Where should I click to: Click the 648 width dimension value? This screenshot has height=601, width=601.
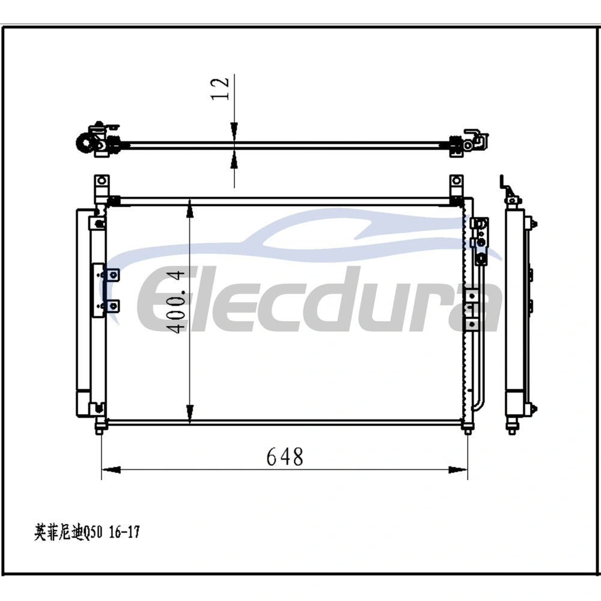click(285, 457)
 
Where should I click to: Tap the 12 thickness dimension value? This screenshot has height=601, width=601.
click(220, 89)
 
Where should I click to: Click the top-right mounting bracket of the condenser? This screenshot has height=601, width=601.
click(456, 187)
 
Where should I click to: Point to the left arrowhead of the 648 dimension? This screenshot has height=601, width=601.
click(111, 469)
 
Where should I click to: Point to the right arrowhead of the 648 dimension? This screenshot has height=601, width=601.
click(458, 469)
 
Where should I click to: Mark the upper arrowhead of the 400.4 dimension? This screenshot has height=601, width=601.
click(190, 209)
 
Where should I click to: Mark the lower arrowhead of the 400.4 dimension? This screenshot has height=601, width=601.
click(190, 413)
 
